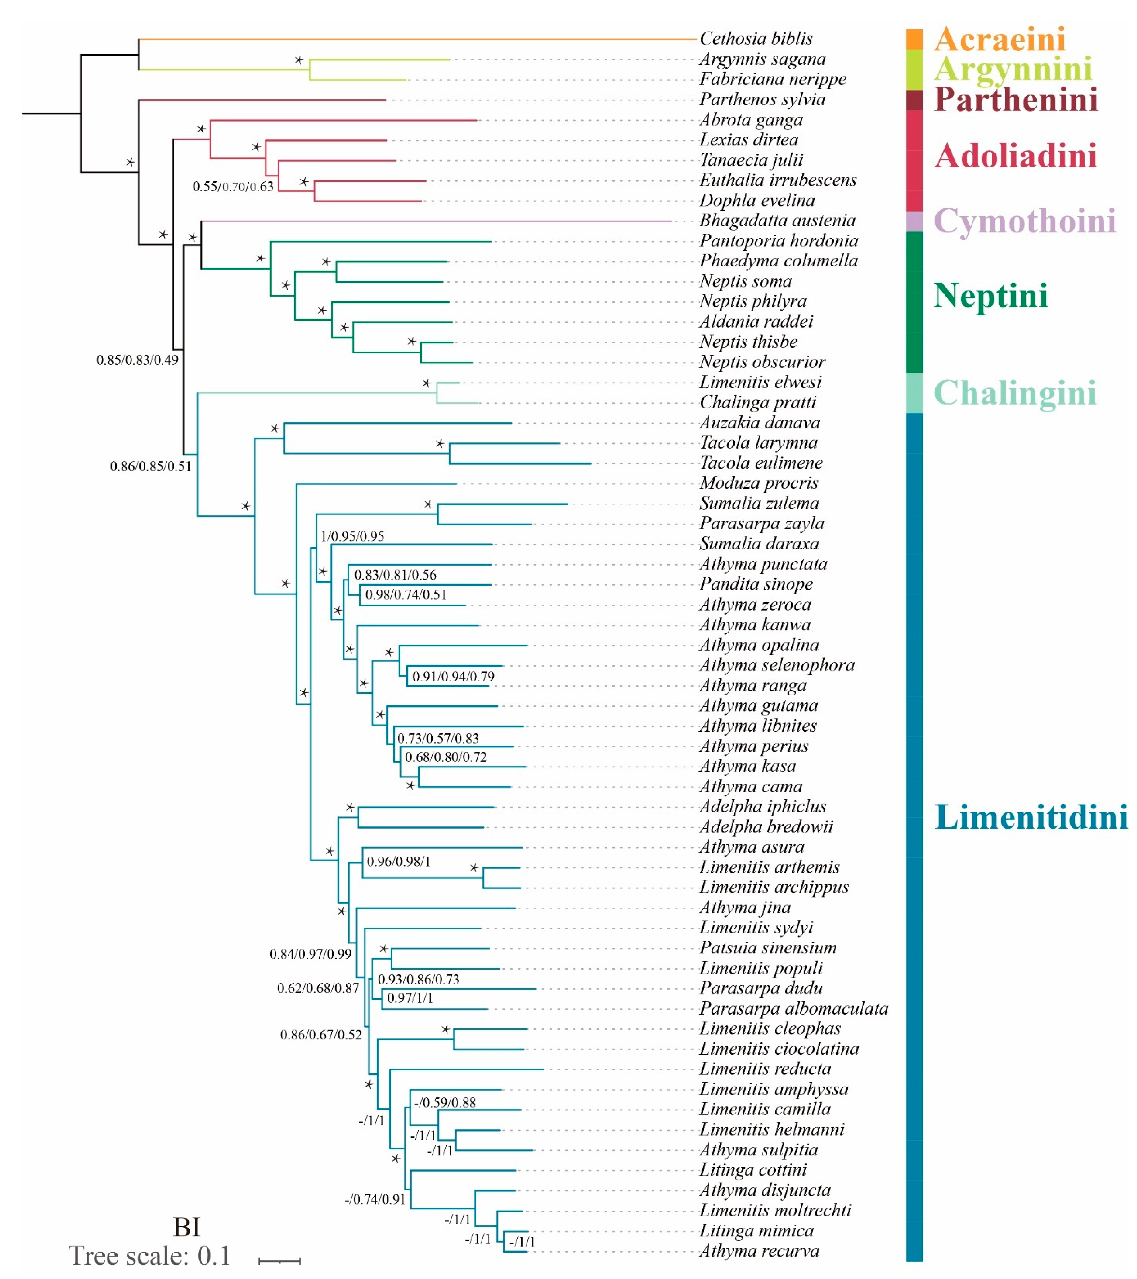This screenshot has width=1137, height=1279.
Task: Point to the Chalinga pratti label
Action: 757,402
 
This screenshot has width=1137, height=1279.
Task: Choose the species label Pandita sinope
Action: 756,584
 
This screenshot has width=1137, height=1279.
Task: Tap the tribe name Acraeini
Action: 999,39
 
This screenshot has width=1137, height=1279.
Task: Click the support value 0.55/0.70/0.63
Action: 233,186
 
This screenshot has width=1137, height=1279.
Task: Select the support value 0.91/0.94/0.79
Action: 453,677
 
